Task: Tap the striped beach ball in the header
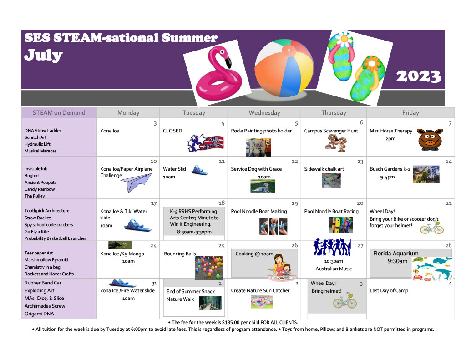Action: click(284, 68)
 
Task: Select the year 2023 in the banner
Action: click(419, 76)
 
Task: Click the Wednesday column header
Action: click(264, 113)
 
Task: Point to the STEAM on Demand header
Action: click(59, 113)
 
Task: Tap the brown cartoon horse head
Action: click(430, 139)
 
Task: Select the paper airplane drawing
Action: click(136, 183)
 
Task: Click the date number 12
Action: click(294, 162)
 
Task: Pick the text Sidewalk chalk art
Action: click(324, 169)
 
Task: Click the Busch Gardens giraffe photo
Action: click(426, 174)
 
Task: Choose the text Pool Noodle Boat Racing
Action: click(331, 211)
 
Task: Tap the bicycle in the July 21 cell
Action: click(432, 228)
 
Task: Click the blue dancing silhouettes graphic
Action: click(332, 247)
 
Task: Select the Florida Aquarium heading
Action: click(395, 254)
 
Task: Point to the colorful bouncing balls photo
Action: click(209, 268)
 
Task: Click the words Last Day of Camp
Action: click(389, 290)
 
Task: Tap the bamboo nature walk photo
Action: click(210, 303)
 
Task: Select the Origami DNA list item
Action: click(39, 314)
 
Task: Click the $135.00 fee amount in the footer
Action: click(231, 322)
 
